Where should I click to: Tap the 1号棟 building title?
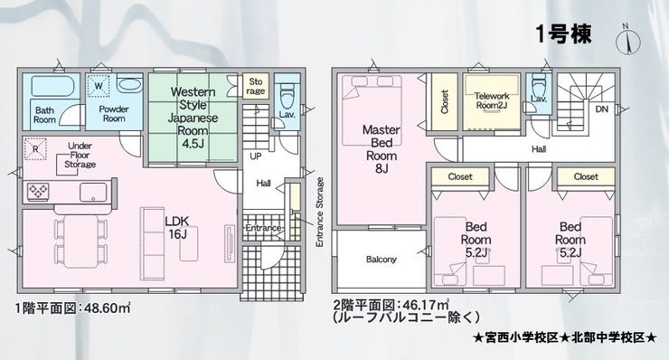pyautogui.click(x=563, y=34)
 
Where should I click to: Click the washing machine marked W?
pyautogui.click(x=99, y=86)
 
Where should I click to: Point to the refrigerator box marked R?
pyautogui.click(x=35, y=149)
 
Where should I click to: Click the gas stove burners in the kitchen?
pyautogui.click(x=38, y=192)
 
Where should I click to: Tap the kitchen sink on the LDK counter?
pyautogui.click(x=93, y=192)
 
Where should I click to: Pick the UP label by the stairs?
pyautogui.click(x=256, y=156)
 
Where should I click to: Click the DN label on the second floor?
pyautogui.click(x=601, y=109)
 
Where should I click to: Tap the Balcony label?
pyautogui.click(x=381, y=260)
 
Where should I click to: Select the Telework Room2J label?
pyautogui.click(x=492, y=100)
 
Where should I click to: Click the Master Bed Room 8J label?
pyautogui.click(x=382, y=149)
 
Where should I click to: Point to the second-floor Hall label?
pyautogui.click(x=539, y=149)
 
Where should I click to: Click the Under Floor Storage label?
pyautogui.click(x=80, y=155)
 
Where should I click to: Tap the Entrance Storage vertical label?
pyautogui.click(x=319, y=213)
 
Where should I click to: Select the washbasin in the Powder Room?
pyautogui.click(x=128, y=84)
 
